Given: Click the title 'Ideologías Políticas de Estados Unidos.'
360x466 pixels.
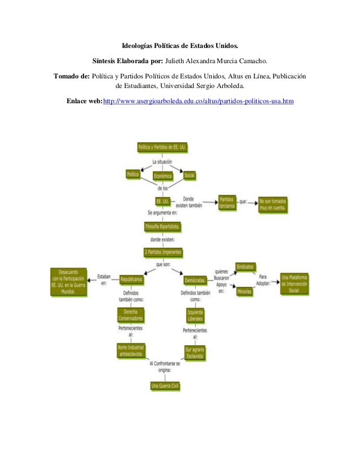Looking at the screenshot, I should pyautogui.click(x=180, y=46).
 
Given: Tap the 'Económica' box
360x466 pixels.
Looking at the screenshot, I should pyautogui.click(x=163, y=176).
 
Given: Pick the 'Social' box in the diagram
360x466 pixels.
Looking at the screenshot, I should pyautogui.click(x=189, y=175).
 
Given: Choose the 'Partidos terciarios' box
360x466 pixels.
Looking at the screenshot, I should pyautogui.click(x=227, y=203).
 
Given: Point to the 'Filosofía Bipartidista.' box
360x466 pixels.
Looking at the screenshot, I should pyautogui.click(x=163, y=227).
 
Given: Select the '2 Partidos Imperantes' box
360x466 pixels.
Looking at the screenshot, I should pyautogui.click(x=163, y=252).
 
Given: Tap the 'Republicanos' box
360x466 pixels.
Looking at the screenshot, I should pyautogui.click(x=130, y=280).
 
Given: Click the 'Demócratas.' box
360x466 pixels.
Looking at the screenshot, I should pyautogui.click(x=195, y=280).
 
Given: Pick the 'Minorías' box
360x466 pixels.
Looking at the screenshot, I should pyautogui.click(x=244, y=292).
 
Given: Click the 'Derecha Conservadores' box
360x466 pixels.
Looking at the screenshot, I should pyautogui.click(x=130, y=315).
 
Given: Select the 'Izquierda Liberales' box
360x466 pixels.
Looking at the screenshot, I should pyautogui.click(x=195, y=315).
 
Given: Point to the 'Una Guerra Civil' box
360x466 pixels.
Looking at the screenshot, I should pyautogui.click(x=164, y=386).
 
